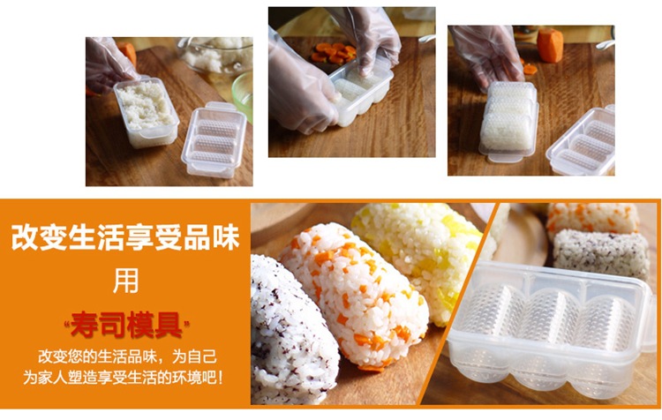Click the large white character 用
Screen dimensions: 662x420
126,281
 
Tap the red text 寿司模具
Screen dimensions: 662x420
126,325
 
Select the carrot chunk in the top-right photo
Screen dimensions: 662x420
550,46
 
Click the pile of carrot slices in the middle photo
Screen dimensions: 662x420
334,53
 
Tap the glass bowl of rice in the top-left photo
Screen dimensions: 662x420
215,55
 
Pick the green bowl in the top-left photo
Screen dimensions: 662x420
243,94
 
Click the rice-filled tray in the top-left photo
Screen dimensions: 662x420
146,111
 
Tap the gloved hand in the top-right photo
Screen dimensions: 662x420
486,55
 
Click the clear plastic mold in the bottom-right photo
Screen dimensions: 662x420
549,329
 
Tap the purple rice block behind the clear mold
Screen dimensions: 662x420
602,253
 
